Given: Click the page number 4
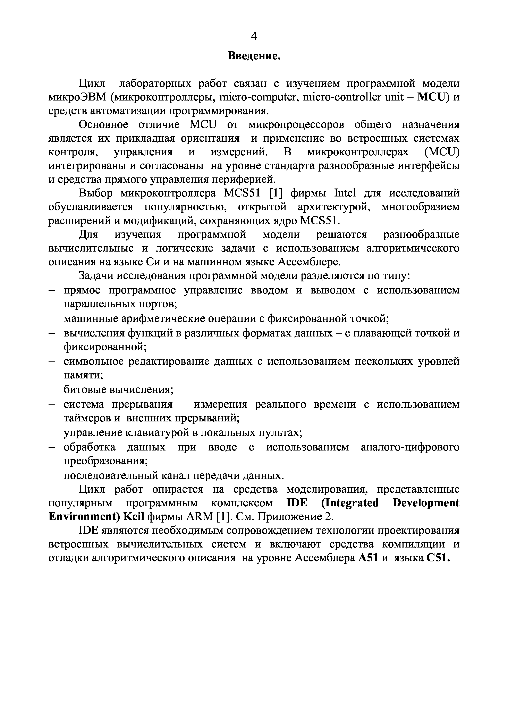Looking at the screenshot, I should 254,37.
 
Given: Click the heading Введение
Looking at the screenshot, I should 254,56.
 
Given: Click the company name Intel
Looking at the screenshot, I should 345,193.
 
